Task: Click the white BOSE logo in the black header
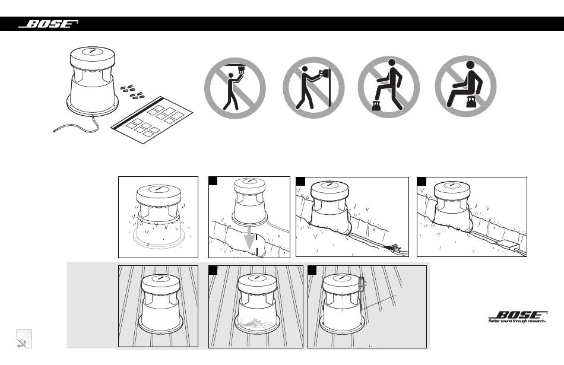(x=49, y=24)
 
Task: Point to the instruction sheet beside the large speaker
(x=152, y=119)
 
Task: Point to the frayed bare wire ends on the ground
(x=397, y=247)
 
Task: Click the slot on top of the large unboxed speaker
(x=91, y=52)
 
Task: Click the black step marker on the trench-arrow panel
(x=213, y=181)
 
